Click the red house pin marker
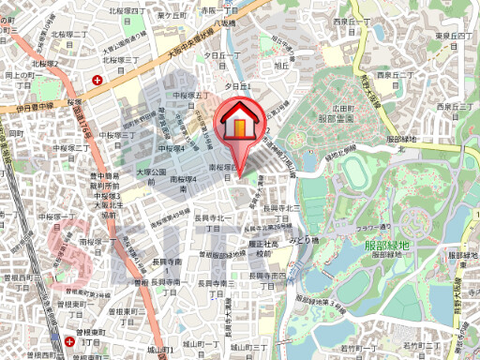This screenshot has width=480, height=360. tap(240, 125)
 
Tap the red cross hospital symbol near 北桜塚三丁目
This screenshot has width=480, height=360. tap(99, 80)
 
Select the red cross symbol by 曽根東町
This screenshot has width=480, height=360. tap(73, 342)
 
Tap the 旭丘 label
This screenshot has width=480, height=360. tap(280, 67)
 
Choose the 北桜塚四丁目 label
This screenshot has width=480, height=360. tap(128, 10)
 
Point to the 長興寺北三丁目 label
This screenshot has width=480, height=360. tap(280, 208)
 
